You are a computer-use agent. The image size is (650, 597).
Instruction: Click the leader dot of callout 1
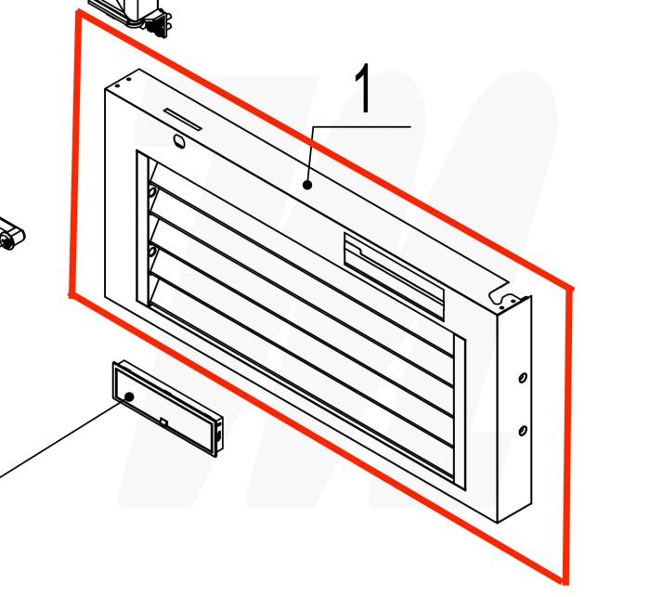click(x=306, y=185)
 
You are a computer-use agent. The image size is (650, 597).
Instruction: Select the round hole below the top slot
click(x=178, y=141)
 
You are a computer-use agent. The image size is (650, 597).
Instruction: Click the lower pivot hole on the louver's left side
click(x=151, y=253)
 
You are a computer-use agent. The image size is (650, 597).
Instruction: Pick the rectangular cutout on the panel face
click(x=394, y=268)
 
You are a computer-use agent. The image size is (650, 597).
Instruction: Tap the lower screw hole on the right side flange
click(x=522, y=430)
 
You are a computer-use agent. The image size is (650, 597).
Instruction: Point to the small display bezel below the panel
click(x=167, y=409)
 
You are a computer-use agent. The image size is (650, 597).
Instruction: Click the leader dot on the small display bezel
click(x=129, y=396)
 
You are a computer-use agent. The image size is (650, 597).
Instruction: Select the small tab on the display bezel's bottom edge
click(x=164, y=423)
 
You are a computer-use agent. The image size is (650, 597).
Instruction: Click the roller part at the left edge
click(x=11, y=235)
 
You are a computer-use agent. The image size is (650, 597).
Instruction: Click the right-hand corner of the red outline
click(x=573, y=290)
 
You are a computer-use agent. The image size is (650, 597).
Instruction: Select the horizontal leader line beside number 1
click(x=362, y=125)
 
